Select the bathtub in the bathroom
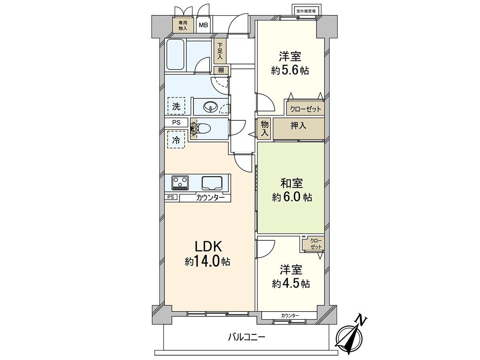[175, 56]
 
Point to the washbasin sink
[210, 107]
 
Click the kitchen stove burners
[180, 183]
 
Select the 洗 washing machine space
[176, 106]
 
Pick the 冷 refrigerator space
[176, 140]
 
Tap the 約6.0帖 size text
[292, 197]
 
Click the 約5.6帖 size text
[290, 71]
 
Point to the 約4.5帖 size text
[290, 284]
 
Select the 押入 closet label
[298, 126]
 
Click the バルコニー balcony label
[246, 337]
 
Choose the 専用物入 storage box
[183, 26]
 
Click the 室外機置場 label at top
[306, 11]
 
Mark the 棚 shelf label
[221, 70]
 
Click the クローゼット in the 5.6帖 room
[305, 109]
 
